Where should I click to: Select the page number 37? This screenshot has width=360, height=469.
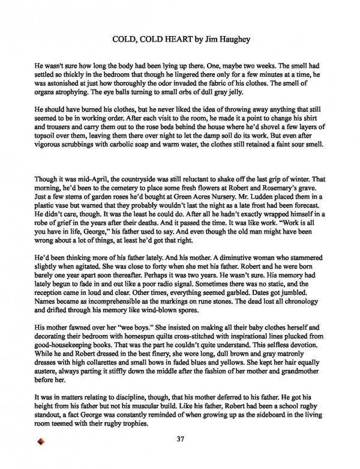(180, 439)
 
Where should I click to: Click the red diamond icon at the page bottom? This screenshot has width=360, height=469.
(41, 444)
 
